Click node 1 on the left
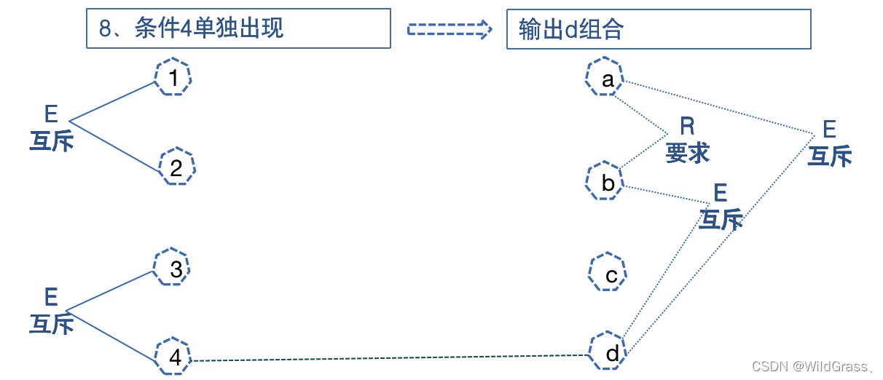(x=173, y=77)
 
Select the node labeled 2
(x=176, y=167)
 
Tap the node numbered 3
(x=173, y=269)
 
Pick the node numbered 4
(x=173, y=357)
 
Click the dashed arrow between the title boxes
(x=450, y=28)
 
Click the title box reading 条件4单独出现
(x=238, y=28)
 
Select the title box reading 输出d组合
(x=659, y=29)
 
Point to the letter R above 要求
(x=687, y=127)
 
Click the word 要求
(x=687, y=153)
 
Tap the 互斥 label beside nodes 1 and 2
(x=51, y=140)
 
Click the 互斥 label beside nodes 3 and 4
(x=51, y=322)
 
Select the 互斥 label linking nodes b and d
(x=721, y=219)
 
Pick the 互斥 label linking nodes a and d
(x=830, y=156)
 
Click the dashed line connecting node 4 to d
(x=386, y=358)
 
